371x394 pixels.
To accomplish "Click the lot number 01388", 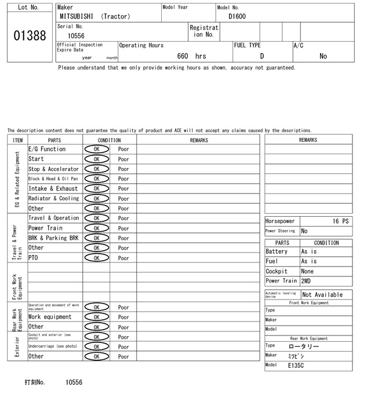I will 30,35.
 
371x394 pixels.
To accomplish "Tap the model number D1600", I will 237,16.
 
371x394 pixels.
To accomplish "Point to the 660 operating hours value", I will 183,56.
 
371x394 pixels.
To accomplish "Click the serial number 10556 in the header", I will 76,36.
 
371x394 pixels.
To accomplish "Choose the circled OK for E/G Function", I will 96,149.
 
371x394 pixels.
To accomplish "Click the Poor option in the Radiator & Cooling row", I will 123,199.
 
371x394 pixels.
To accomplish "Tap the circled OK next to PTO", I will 96,258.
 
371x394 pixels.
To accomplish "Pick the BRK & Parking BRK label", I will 53,238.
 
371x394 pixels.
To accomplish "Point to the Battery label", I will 277,252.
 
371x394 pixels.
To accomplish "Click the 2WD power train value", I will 305,281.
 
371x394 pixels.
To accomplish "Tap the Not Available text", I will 322,294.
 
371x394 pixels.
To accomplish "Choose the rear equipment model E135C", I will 296,366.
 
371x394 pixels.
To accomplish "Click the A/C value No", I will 323,56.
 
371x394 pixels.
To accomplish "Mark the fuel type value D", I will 261,56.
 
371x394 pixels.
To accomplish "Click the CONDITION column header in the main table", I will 109,140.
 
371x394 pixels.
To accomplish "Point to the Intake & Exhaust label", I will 53,188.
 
